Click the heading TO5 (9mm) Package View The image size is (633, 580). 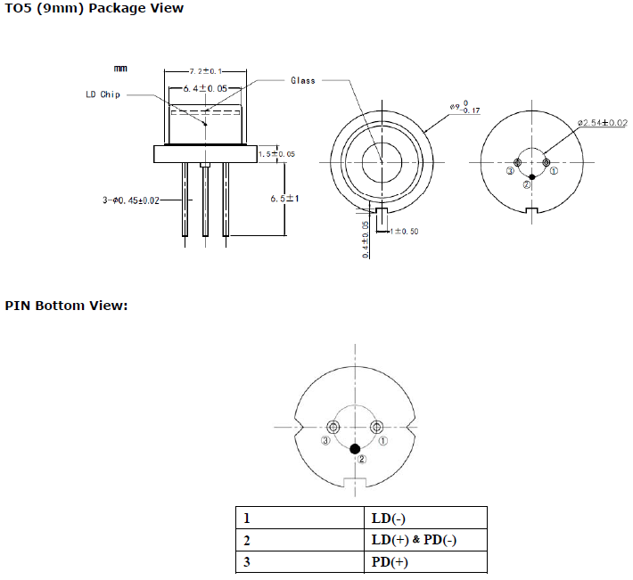(x=95, y=8)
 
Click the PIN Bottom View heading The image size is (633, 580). (x=67, y=306)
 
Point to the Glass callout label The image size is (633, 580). (x=303, y=80)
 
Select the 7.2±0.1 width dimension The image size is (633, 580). (x=206, y=69)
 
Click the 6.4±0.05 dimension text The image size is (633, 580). (x=204, y=89)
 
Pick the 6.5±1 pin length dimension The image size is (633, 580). (x=284, y=199)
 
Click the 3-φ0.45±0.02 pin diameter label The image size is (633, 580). (x=130, y=200)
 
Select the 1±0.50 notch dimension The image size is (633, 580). (x=403, y=231)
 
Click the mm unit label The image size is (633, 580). (x=120, y=68)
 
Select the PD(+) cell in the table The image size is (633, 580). (x=390, y=562)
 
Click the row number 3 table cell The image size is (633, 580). (x=246, y=562)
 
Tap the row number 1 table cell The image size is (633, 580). (x=246, y=518)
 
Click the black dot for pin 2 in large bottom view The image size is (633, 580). (x=356, y=448)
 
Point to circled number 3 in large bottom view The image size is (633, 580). (x=326, y=441)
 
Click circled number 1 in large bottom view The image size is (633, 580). (x=384, y=440)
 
